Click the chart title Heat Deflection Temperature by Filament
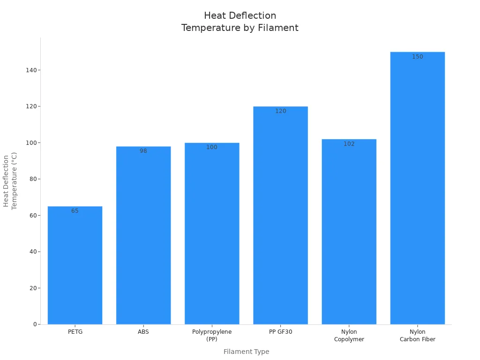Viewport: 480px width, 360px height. pyautogui.click(x=240, y=22)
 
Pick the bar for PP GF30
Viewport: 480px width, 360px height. pyautogui.click(x=280, y=216)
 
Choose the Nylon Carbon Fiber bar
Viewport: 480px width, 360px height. pyautogui.click(x=417, y=188)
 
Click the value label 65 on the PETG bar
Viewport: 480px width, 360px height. pyautogui.click(x=75, y=211)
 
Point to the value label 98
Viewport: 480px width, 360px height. pyautogui.click(x=143, y=151)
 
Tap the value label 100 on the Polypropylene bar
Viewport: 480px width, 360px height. pyautogui.click(x=212, y=147)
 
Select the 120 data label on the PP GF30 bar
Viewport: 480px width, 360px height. pyautogui.click(x=280, y=111)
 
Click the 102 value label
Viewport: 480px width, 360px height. pyautogui.click(x=349, y=144)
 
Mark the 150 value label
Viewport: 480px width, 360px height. pyautogui.click(x=417, y=57)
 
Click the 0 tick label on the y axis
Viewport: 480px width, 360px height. pyautogui.click(x=35, y=324)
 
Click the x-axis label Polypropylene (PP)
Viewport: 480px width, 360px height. pyautogui.click(x=212, y=336)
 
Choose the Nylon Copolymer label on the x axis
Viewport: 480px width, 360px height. pyautogui.click(x=349, y=336)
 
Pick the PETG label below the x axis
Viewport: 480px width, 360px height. pyautogui.click(x=75, y=332)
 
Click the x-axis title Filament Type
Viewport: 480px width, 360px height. pyautogui.click(x=246, y=352)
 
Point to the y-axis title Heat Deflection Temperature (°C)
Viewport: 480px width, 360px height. pyautogui.click(x=10, y=181)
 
